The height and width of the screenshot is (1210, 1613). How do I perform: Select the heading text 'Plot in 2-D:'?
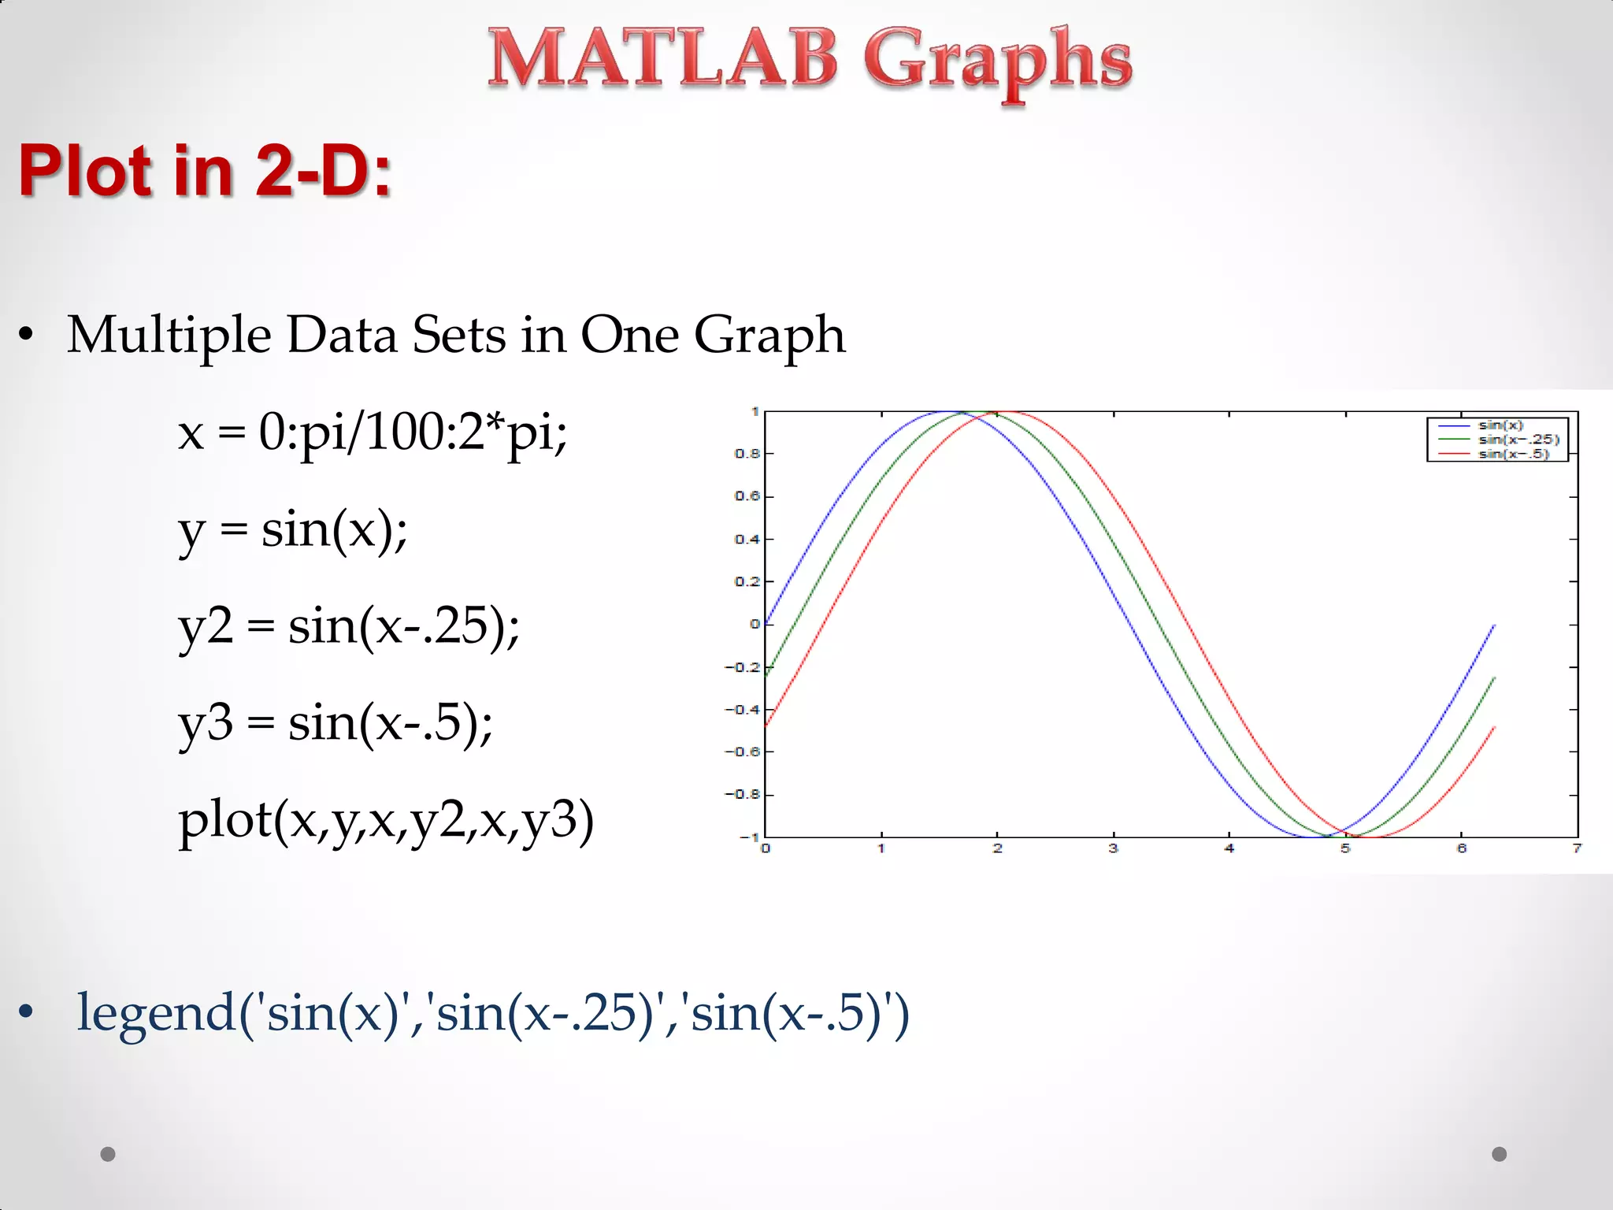pyautogui.click(x=205, y=170)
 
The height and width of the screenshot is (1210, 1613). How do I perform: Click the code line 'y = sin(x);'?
pyautogui.click(x=293, y=529)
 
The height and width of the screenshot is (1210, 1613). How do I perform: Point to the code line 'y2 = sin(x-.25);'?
pyautogui.click(x=349, y=627)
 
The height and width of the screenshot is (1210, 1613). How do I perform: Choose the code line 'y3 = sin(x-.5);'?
pyautogui.click(x=336, y=723)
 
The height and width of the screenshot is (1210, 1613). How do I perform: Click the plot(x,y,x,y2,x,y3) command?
pyautogui.click(x=386, y=821)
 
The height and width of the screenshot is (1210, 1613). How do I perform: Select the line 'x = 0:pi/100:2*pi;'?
pyautogui.click(x=373, y=432)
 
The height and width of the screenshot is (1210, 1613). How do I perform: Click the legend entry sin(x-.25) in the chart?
pyautogui.click(x=1518, y=440)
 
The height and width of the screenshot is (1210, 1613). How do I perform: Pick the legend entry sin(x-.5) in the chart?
pyautogui.click(x=1513, y=454)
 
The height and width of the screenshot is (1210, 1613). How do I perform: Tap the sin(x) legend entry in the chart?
pyautogui.click(x=1500, y=425)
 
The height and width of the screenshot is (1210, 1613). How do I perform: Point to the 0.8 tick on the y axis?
pyautogui.click(x=747, y=454)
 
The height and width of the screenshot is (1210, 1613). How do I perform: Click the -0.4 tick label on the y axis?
pyautogui.click(x=743, y=710)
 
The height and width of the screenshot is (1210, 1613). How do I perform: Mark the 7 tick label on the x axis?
pyautogui.click(x=1577, y=848)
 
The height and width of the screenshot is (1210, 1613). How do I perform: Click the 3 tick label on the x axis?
pyautogui.click(x=1113, y=848)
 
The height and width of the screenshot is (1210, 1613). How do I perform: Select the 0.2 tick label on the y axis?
pyautogui.click(x=747, y=581)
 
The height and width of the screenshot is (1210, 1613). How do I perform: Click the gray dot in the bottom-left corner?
pyautogui.click(x=108, y=1154)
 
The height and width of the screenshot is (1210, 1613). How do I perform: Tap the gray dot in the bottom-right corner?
pyautogui.click(x=1500, y=1154)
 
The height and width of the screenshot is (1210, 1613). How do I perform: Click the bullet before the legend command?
pyautogui.click(x=27, y=1013)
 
